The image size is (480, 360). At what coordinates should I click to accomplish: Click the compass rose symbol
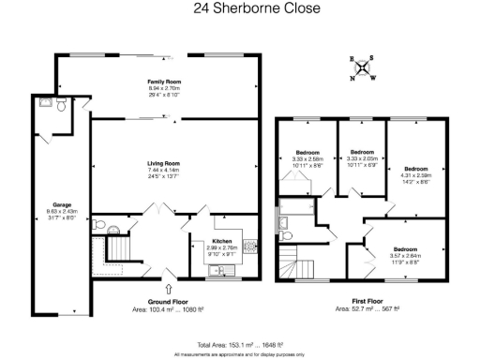coord(362,67)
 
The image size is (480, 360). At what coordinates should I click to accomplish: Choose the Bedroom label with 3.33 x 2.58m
coord(307,152)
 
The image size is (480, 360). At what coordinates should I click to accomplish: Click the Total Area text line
coord(240,344)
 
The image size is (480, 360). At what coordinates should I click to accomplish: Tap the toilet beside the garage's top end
coord(60,107)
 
